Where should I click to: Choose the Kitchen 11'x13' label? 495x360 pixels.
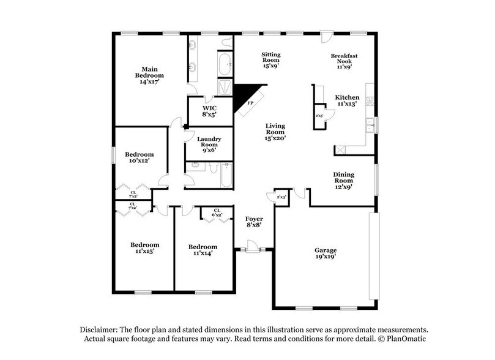point(347,100)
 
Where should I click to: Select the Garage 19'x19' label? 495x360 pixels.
point(326,254)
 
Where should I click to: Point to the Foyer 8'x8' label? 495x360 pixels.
point(254,222)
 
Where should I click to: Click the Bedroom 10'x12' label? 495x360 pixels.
point(139,157)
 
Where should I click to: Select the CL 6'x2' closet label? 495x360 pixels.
point(217,212)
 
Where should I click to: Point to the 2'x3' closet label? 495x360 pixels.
point(281,197)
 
